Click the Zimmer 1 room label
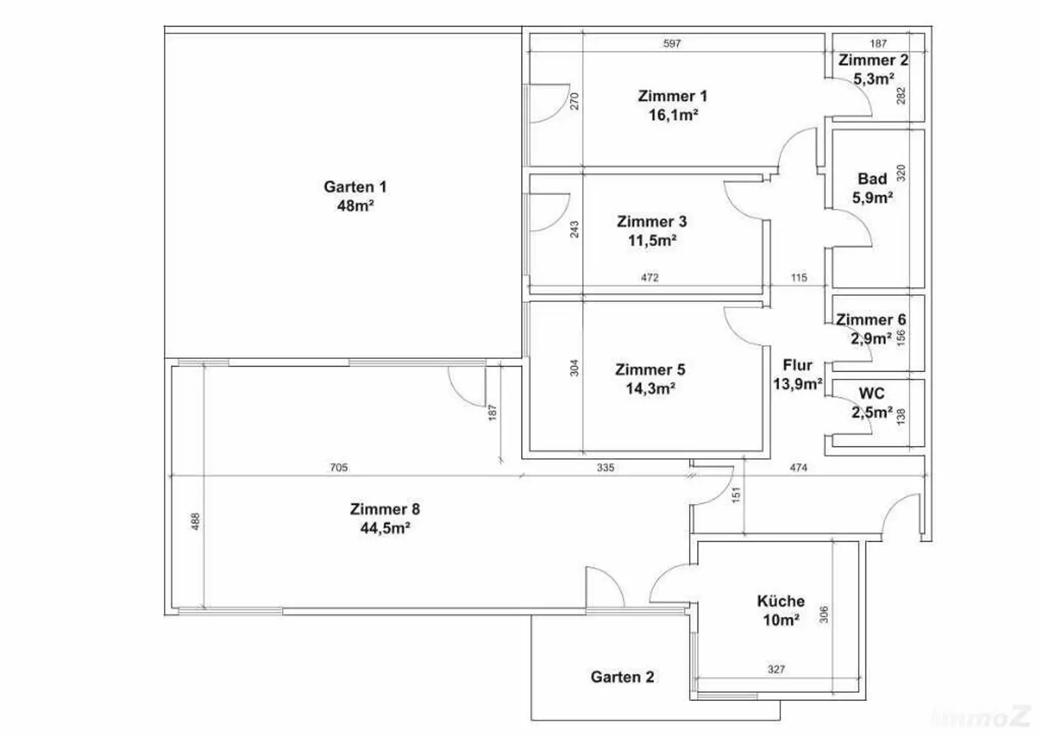pos(672,96)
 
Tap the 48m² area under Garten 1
pos(355,206)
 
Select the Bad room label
pos(872,179)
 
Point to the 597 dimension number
pos(672,43)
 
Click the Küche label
pos(781,601)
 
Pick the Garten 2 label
pos(622,677)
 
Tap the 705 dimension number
pos(339,468)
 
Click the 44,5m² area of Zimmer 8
pos(385,528)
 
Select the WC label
pos(872,394)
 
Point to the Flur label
pos(798,365)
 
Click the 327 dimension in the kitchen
pos(776,669)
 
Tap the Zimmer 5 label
pos(650,370)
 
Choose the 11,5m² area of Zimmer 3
pos(651,240)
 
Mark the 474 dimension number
pos(798,468)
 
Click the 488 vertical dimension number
pos(195,521)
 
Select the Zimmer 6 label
pos(870,320)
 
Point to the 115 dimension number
pos(798,278)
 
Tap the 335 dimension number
pos(605,468)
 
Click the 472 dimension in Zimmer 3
pos(649,278)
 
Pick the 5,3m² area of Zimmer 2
pos(873,79)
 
